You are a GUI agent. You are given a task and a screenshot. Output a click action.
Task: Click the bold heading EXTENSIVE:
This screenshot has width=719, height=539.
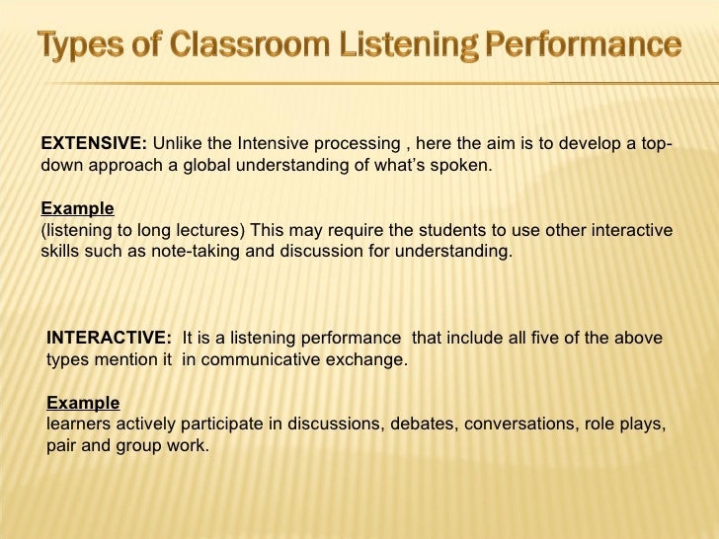coord(94,143)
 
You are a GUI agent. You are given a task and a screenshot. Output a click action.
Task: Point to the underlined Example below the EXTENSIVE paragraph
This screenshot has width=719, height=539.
coord(77,208)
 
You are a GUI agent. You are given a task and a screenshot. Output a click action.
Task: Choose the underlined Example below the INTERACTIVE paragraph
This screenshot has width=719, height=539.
coord(83,403)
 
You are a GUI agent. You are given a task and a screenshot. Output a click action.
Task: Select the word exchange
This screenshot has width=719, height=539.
coord(371,359)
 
